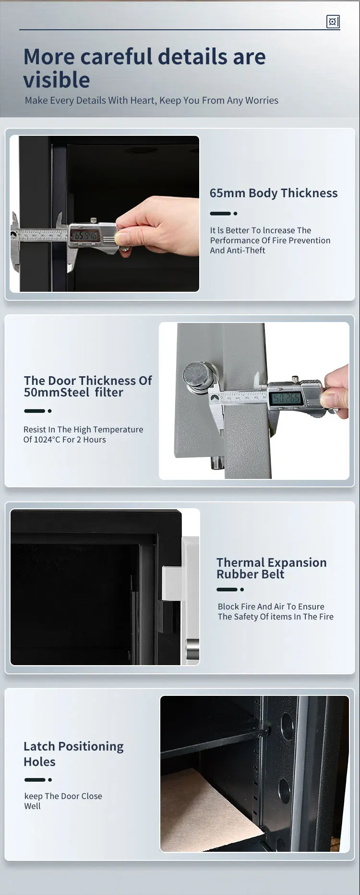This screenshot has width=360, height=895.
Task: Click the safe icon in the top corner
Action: [x=333, y=22]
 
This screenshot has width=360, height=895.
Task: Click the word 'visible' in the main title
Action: [x=57, y=80]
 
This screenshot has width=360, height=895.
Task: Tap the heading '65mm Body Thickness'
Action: [x=273, y=193]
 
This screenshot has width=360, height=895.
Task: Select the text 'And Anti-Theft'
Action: [x=237, y=251]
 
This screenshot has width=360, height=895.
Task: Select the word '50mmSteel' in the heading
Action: [x=57, y=393]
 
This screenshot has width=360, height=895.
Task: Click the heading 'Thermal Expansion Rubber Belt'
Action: [x=271, y=568]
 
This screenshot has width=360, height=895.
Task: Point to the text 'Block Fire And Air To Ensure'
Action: [x=271, y=607]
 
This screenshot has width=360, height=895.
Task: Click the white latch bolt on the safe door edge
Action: [x=171, y=583]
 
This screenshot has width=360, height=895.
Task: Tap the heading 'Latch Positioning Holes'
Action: [x=73, y=754]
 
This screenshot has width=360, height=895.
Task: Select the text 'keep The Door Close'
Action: [x=63, y=796]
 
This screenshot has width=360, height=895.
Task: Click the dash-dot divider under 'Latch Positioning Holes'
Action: [x=38, y=780]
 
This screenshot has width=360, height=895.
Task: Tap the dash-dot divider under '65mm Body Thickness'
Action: [x=224, y=214]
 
